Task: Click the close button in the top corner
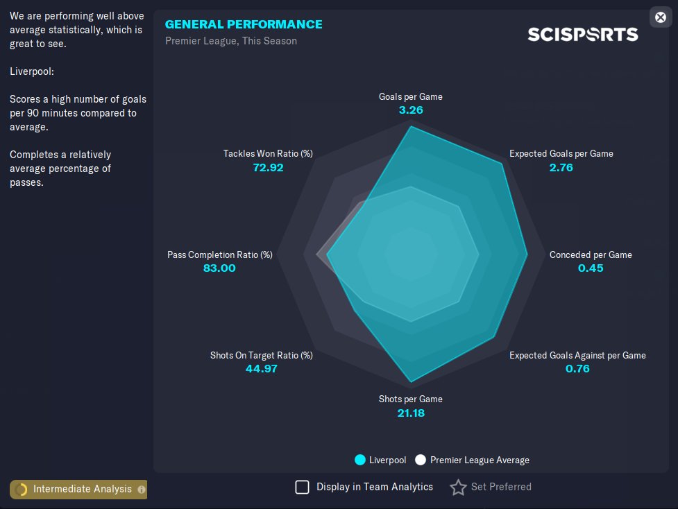point(661,17)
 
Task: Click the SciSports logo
point(582,34)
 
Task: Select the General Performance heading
point(244,24)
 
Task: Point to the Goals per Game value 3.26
point(411,110)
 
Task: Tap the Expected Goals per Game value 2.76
point(561,166)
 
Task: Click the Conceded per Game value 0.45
point(591,268)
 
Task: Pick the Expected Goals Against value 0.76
point(577,368)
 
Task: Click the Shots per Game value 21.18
point(411,413)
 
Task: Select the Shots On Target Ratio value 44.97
point(262,368)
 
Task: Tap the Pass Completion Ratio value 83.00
point(219,268)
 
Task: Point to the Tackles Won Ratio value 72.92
point(268,166)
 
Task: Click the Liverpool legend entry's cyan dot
point(360,460)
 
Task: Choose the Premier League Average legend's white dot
point(421,460)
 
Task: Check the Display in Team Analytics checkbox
point(302,487)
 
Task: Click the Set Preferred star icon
point(458,488)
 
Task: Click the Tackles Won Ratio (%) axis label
point(268,153)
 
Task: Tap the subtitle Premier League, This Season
point(231,41)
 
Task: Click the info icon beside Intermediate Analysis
point(142,490)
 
